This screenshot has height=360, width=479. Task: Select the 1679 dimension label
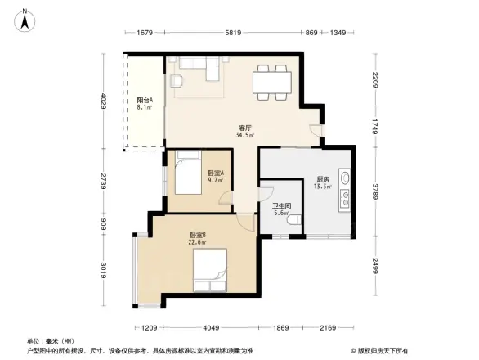pyautogui.click(x=145, y=33)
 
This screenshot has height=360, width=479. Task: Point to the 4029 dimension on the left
pyautogui.click(x=104, y=104)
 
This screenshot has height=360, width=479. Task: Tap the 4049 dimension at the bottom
pyautogui.click(x=212, y=328)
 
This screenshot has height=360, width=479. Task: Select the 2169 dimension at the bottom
pyautogui.click(x=328, y=328)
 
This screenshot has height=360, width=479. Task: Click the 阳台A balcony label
pyautogui.click(x=145, y=103)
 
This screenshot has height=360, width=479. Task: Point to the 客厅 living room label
pyautogui.click(x=244, y=131)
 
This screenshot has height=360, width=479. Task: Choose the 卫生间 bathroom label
pyautogui.click(x=282, y=207)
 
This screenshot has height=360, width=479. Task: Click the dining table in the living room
pyautogui.click(x=271, y=80)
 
